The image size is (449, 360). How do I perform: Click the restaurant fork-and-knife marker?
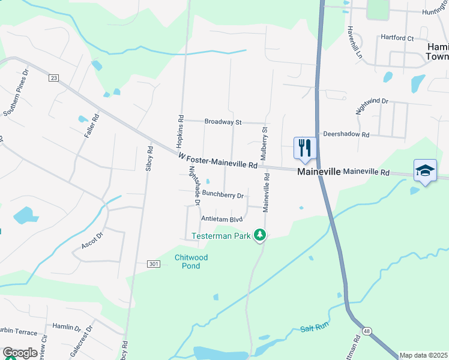coord(305,148)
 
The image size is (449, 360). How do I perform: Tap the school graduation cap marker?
coord(425,170)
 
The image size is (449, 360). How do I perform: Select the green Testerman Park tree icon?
coord(259,235)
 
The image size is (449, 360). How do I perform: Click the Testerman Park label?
coord(221,236)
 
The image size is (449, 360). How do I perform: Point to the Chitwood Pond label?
coord(191,261)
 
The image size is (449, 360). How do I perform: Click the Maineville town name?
coord(319,172)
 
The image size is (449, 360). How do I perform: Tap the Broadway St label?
coord(223,122)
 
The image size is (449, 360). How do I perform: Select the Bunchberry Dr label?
coord(223,195)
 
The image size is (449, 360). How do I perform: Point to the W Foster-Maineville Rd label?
coord(218,161)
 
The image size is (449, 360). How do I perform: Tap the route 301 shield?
coord(154,263)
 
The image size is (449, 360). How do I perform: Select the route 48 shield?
coord(366,331)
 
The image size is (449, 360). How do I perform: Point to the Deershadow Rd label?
coord(346,134)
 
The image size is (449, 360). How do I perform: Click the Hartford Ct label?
coord(397,38)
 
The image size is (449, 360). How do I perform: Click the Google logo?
coord(19,353)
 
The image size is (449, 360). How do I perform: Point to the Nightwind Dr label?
coord(372,106)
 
